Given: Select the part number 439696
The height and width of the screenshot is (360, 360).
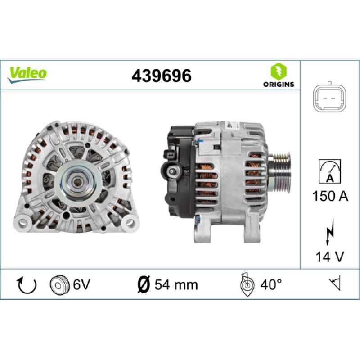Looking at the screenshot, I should [x=161, y=76].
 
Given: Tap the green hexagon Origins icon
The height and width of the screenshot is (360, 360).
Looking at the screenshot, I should [x=279, y=71].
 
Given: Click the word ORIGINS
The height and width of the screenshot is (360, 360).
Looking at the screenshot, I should [x=279, y=84].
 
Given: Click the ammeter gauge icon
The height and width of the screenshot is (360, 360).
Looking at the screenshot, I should [x=329, y=171].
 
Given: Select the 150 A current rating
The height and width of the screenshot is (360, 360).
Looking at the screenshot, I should [x=329, y=197].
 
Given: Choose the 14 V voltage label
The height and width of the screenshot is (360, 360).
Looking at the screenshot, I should [x=329, y=257].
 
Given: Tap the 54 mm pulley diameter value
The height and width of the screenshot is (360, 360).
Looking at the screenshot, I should [x=176, y=284].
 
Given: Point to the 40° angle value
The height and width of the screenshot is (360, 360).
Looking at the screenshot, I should [x=272, y=284].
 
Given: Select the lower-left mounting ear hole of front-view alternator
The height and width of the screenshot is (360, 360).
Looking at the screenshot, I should [x=23, y=222].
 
